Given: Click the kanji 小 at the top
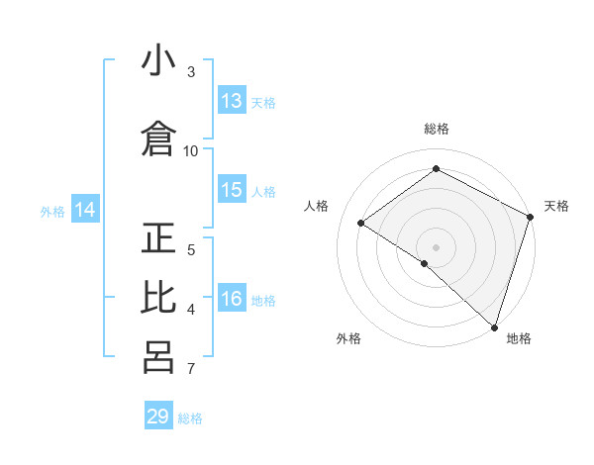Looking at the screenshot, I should [158, 61].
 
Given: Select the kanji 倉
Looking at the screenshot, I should [158, 139].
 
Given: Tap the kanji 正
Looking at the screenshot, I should [158, 238].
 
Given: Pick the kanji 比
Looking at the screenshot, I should [158, 297].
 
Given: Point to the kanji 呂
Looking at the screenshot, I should [158, 357].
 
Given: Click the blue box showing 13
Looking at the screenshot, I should [232, 101].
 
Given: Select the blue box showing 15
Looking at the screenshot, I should [232, 191].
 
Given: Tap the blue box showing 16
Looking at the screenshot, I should [232, 300].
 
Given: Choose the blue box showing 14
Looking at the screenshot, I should [85, 210].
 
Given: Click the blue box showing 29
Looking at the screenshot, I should [158, 417].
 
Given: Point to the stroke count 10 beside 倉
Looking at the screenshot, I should [191, 150].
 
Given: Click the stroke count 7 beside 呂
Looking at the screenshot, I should [191, 369].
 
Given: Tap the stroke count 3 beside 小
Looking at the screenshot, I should [191, 72].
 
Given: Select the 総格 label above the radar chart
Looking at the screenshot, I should [437, 129].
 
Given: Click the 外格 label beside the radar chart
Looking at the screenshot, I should [348, 338].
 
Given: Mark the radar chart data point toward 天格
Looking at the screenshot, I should [531, 218].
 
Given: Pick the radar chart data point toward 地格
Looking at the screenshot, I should [494, 326].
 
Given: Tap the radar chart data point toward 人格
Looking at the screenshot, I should [361, 224].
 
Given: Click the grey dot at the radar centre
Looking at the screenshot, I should [436, 246].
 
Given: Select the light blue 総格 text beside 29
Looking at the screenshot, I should [190, 418].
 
